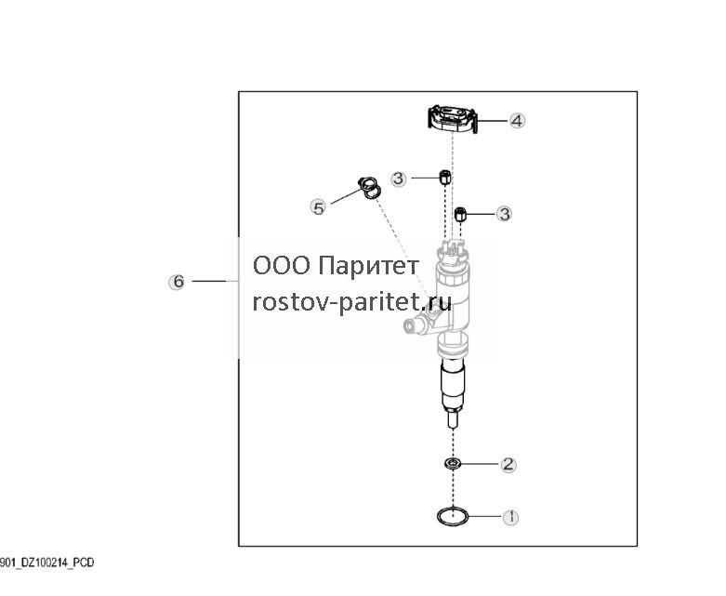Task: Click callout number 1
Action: (x=510, y=517)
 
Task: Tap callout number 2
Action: (x=508, y=464)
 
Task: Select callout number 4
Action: (x=517, y=121)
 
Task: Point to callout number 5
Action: (x=318, y=207)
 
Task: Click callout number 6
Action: (x=177, y=282)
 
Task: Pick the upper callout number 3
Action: (x=399, y=179)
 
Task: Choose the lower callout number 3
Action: (x=504, y=214)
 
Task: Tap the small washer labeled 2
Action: (x=452, y=464)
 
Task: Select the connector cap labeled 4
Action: (x=452, y=119)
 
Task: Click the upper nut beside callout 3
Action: (x=444, y=177)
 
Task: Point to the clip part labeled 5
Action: (x=370, y=188)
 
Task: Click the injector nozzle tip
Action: (x=454, y=419)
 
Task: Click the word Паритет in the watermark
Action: (x=368, y=266)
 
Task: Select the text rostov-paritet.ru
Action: (x=352, y=302)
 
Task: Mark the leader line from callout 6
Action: (x=209, y=281)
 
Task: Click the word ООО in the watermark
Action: (x=281, y=266)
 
